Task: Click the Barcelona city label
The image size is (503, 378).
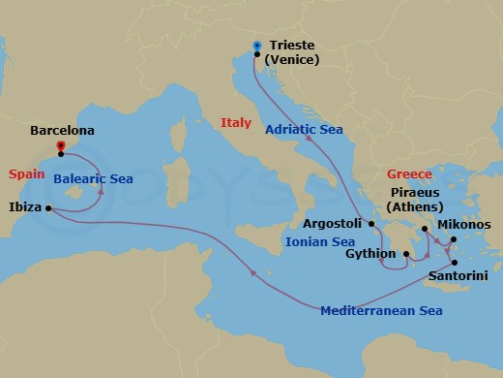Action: [63, 128]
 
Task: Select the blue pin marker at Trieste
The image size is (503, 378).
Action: [256, 46]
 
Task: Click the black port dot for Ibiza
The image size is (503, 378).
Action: [47, 206]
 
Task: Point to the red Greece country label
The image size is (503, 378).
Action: [408, 173]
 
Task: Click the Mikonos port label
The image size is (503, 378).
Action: [464, 225]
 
